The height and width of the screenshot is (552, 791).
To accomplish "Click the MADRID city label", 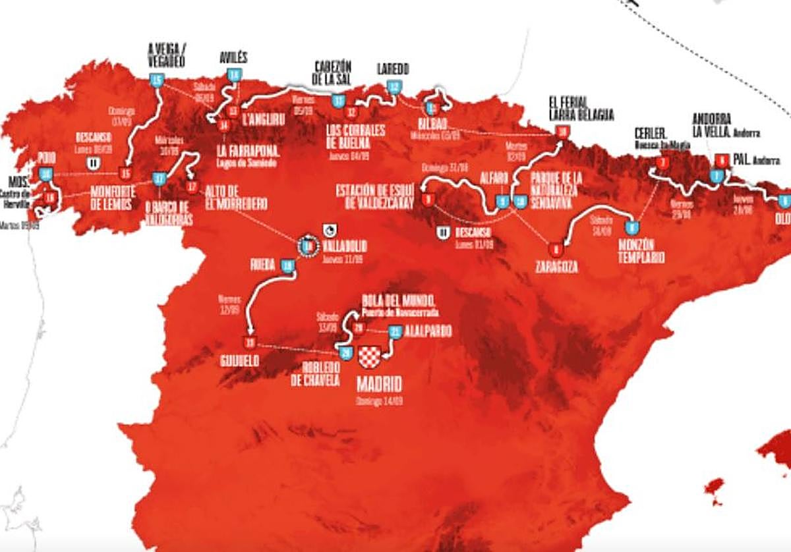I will coord(379,385).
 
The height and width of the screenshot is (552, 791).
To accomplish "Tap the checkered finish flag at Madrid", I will coord(370,357).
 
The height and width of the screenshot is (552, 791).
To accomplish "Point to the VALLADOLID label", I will coord(344,246).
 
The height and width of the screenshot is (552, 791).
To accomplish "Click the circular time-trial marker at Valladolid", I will coord(307,247).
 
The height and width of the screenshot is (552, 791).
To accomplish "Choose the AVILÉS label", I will coord(233,59).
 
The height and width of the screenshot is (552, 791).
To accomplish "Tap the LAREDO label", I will coord(393,69).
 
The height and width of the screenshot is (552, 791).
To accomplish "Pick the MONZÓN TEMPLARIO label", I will coord(641,250).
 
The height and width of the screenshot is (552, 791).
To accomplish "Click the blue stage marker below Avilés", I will coord(233,76).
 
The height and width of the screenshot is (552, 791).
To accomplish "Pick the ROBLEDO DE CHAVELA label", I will coord(314,374).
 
